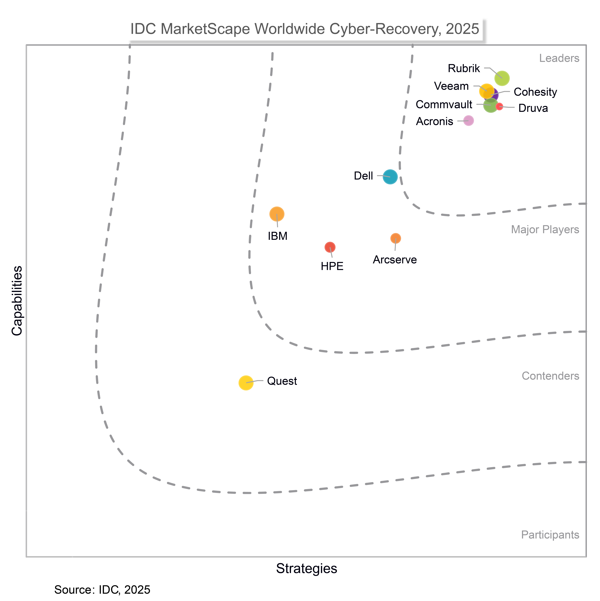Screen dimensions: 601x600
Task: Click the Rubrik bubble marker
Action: (x=502, y=78)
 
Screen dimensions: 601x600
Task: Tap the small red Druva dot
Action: (x=499, y=106)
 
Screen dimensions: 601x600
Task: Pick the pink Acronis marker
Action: (x=468, y=121)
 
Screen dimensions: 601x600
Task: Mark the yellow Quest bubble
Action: (x=246, y=383)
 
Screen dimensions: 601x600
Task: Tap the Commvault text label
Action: (x=444, y=105)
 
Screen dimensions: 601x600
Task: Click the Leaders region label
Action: (x=559, y=58)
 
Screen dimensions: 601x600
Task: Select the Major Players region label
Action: (x=545, y=230)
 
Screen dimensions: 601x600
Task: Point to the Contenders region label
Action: (x=550, y=376)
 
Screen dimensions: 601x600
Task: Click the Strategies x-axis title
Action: (x=306, y=568)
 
